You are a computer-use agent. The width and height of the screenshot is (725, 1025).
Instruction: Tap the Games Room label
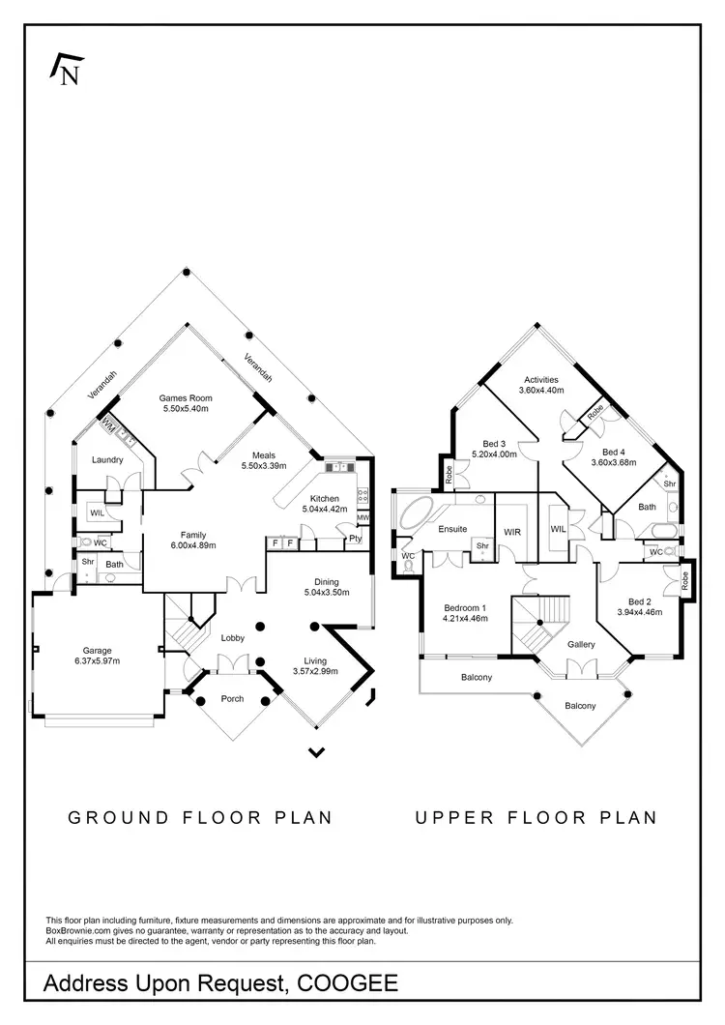[x=185, y=397]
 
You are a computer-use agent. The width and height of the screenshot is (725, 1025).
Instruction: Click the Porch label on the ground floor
[x=232, y=699]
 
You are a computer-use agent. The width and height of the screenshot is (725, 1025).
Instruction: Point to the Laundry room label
[x=107, y=459]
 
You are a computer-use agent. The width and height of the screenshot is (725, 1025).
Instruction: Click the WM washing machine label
[x=106, y=426]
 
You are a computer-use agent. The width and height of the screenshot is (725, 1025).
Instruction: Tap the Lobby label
[x=233, y=637]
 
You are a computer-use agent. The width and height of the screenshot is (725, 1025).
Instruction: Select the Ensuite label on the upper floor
[x=452, y=529]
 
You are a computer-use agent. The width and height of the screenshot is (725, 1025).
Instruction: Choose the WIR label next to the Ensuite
[x=511, y=531]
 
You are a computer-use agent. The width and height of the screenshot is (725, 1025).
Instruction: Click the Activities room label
[x=540, y=380]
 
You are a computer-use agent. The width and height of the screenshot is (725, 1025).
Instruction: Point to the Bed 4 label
[x=614, y=452]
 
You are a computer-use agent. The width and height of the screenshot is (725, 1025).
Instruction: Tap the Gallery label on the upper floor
[x=581, y=644]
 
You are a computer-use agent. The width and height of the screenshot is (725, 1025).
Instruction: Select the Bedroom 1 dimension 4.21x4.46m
[x=465, y=618]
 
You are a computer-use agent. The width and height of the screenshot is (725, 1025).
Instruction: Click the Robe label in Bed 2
[x=685, y=581]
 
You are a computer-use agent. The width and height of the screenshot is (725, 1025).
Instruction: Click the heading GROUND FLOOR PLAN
[x=200, y=817]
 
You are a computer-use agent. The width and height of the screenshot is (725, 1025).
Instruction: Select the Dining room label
[x=326, y=581]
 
